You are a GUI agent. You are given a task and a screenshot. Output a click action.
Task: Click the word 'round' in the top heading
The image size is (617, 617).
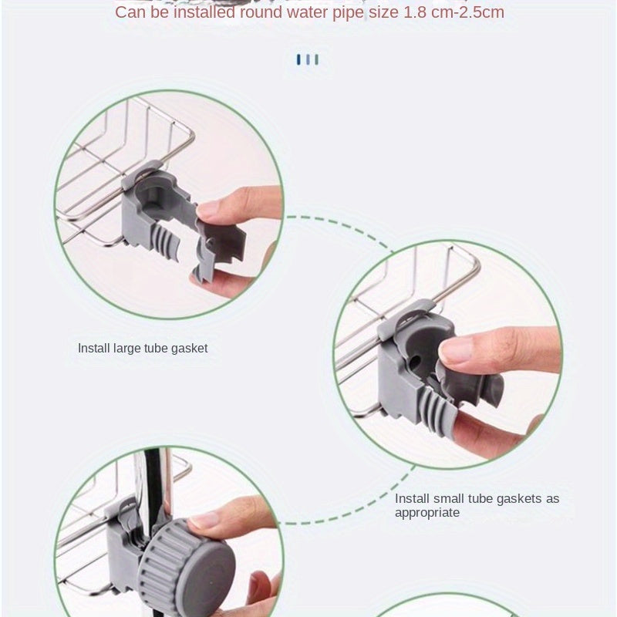[x=261, y=12]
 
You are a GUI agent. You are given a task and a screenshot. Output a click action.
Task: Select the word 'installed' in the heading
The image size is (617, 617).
[x=204, y=12]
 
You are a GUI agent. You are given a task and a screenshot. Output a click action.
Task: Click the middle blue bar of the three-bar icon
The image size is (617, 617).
[x=308, y=60]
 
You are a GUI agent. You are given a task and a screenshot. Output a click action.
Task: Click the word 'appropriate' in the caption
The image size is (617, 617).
[x=427, y=513]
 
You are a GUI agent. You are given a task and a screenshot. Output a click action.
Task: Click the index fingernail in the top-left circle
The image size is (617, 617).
[x=208, y=208]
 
